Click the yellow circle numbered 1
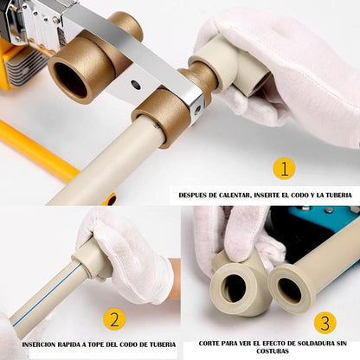284,168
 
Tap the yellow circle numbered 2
115,320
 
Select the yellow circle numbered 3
325,323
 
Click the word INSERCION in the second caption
40,344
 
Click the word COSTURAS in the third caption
273,351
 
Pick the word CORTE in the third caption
209,344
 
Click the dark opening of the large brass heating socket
70,80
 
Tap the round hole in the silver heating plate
136,85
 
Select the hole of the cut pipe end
289,291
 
